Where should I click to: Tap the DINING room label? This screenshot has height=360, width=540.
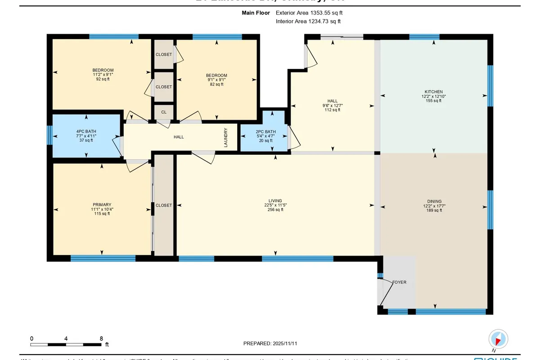434,201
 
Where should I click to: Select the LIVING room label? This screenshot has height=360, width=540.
275,201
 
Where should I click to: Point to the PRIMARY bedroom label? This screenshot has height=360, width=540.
103,204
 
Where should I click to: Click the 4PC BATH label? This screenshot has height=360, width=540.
85,131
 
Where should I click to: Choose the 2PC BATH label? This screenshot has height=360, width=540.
265,131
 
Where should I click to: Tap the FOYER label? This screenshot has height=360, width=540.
399,282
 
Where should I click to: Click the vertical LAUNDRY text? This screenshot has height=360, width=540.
226,138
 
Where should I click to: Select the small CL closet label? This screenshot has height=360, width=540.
163,112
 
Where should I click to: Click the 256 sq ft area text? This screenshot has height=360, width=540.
275,210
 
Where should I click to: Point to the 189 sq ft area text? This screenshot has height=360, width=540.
434,210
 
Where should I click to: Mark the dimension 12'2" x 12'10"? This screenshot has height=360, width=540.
434,96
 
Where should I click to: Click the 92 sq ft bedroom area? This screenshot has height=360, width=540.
103,79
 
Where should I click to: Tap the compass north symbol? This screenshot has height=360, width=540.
499,339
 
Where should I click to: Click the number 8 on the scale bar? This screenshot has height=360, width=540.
101,338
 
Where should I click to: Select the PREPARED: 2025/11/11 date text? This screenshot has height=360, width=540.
270,343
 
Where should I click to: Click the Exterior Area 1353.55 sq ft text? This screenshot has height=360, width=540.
312,13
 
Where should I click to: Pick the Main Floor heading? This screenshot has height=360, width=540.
256,13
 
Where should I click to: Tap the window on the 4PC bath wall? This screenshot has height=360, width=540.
49,135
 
